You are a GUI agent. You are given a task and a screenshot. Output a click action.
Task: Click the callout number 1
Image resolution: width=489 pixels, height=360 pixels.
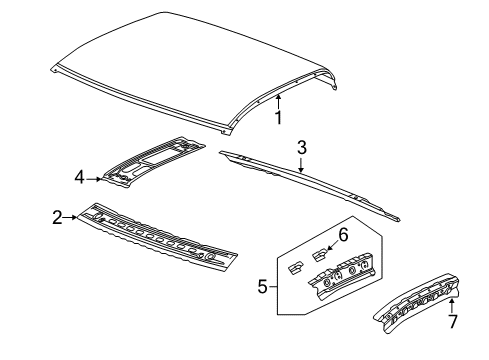tap(279, 118)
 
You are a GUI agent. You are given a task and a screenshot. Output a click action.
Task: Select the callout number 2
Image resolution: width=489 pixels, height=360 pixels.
tap(59, 215)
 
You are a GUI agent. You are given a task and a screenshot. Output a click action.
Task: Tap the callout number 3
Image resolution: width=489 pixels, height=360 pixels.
tap(301, 148)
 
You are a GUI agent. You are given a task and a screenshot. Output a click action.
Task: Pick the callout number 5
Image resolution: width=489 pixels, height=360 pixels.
tap(262, 286)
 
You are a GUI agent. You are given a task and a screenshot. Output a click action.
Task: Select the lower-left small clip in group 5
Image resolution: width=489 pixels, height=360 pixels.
tap(295, 295)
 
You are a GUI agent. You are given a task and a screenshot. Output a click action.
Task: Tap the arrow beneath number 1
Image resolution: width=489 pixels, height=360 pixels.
tap(279, 98)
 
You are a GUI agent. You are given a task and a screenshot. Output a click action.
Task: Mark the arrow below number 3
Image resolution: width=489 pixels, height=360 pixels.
tap(301, 168)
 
